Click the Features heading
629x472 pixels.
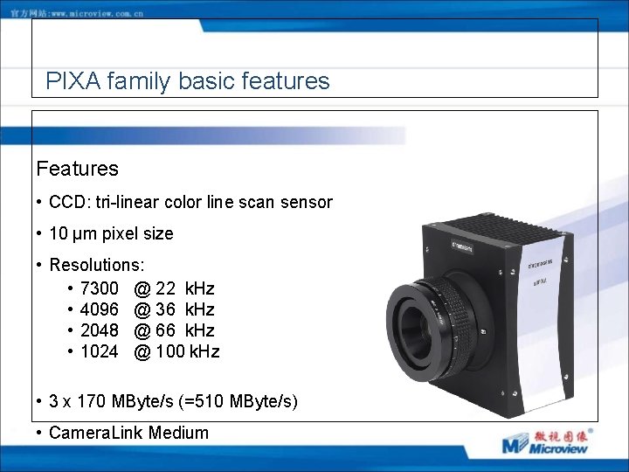tap(77, 168)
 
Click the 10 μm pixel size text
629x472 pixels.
tap(111, 233)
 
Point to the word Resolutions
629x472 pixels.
tap(97, 265)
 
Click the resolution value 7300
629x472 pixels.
tap(99, 288)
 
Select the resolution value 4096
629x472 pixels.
tap(99, 309)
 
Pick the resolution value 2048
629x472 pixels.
tap(99, 330)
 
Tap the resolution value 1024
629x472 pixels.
tap(99, 351)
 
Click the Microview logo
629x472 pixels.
tap(546, 441)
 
